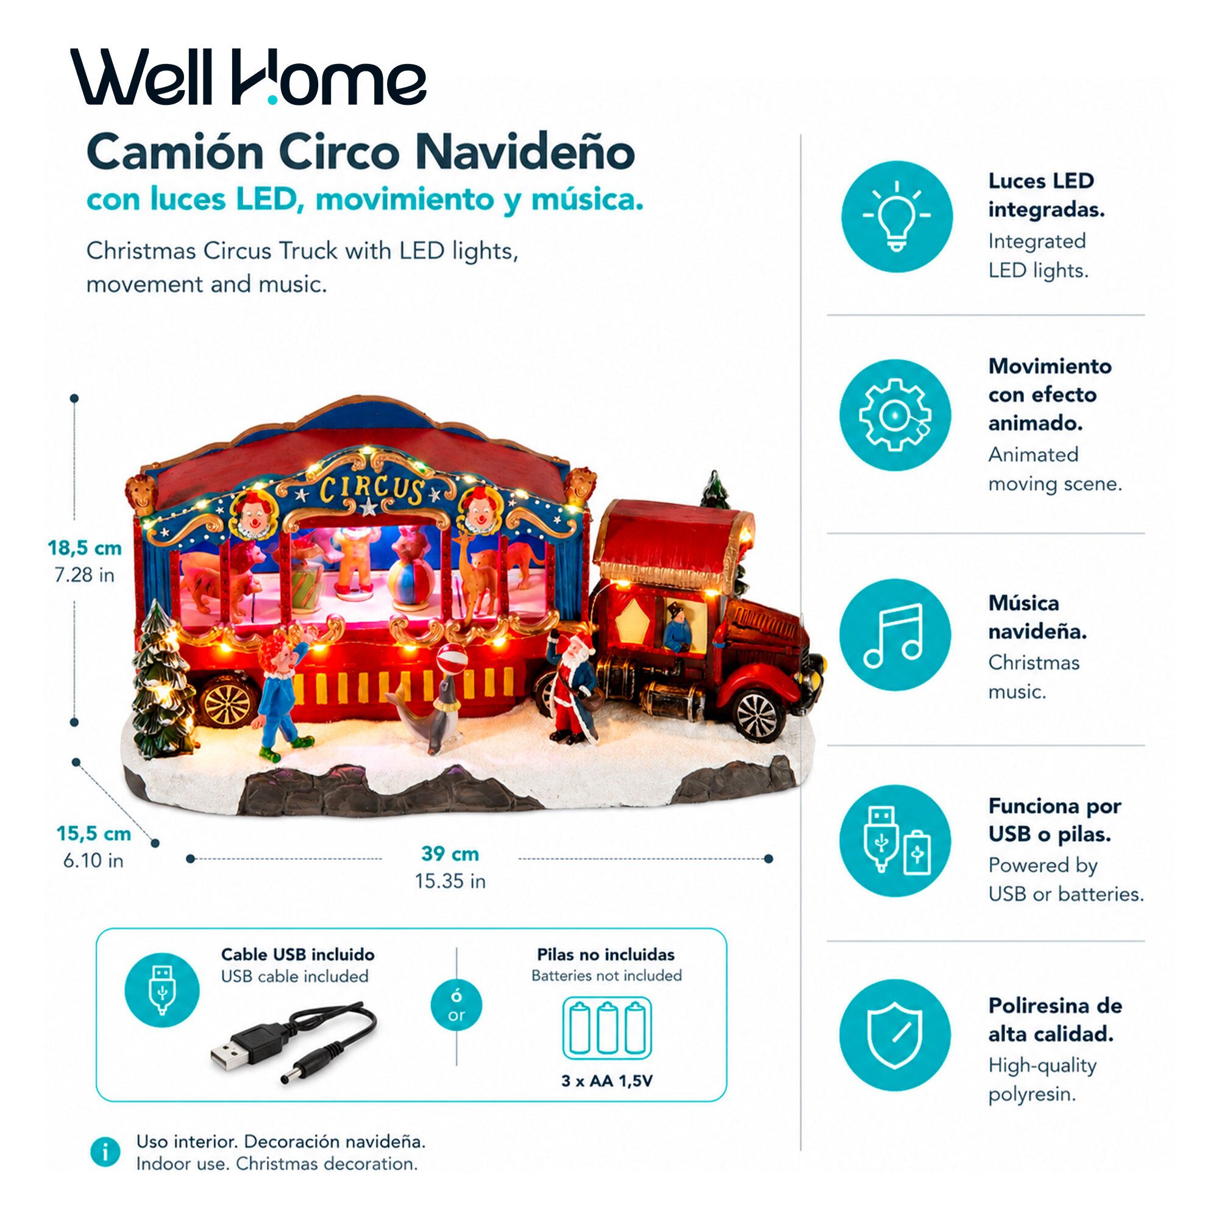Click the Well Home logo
coord(248,76)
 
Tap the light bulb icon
coord(897,216)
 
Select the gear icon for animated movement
coord(895,414)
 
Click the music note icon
coord(895,634)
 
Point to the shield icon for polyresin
coord(895,1035)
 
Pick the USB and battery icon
coord(895,841)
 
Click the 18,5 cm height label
coord(85,548)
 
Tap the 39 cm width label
coord(450,854)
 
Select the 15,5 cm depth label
coord(94,833)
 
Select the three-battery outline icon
coord(607,1028)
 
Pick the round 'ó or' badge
coord(456,1004)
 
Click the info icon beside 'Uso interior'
coord(105,1151)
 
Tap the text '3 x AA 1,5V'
coord(607,1081)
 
